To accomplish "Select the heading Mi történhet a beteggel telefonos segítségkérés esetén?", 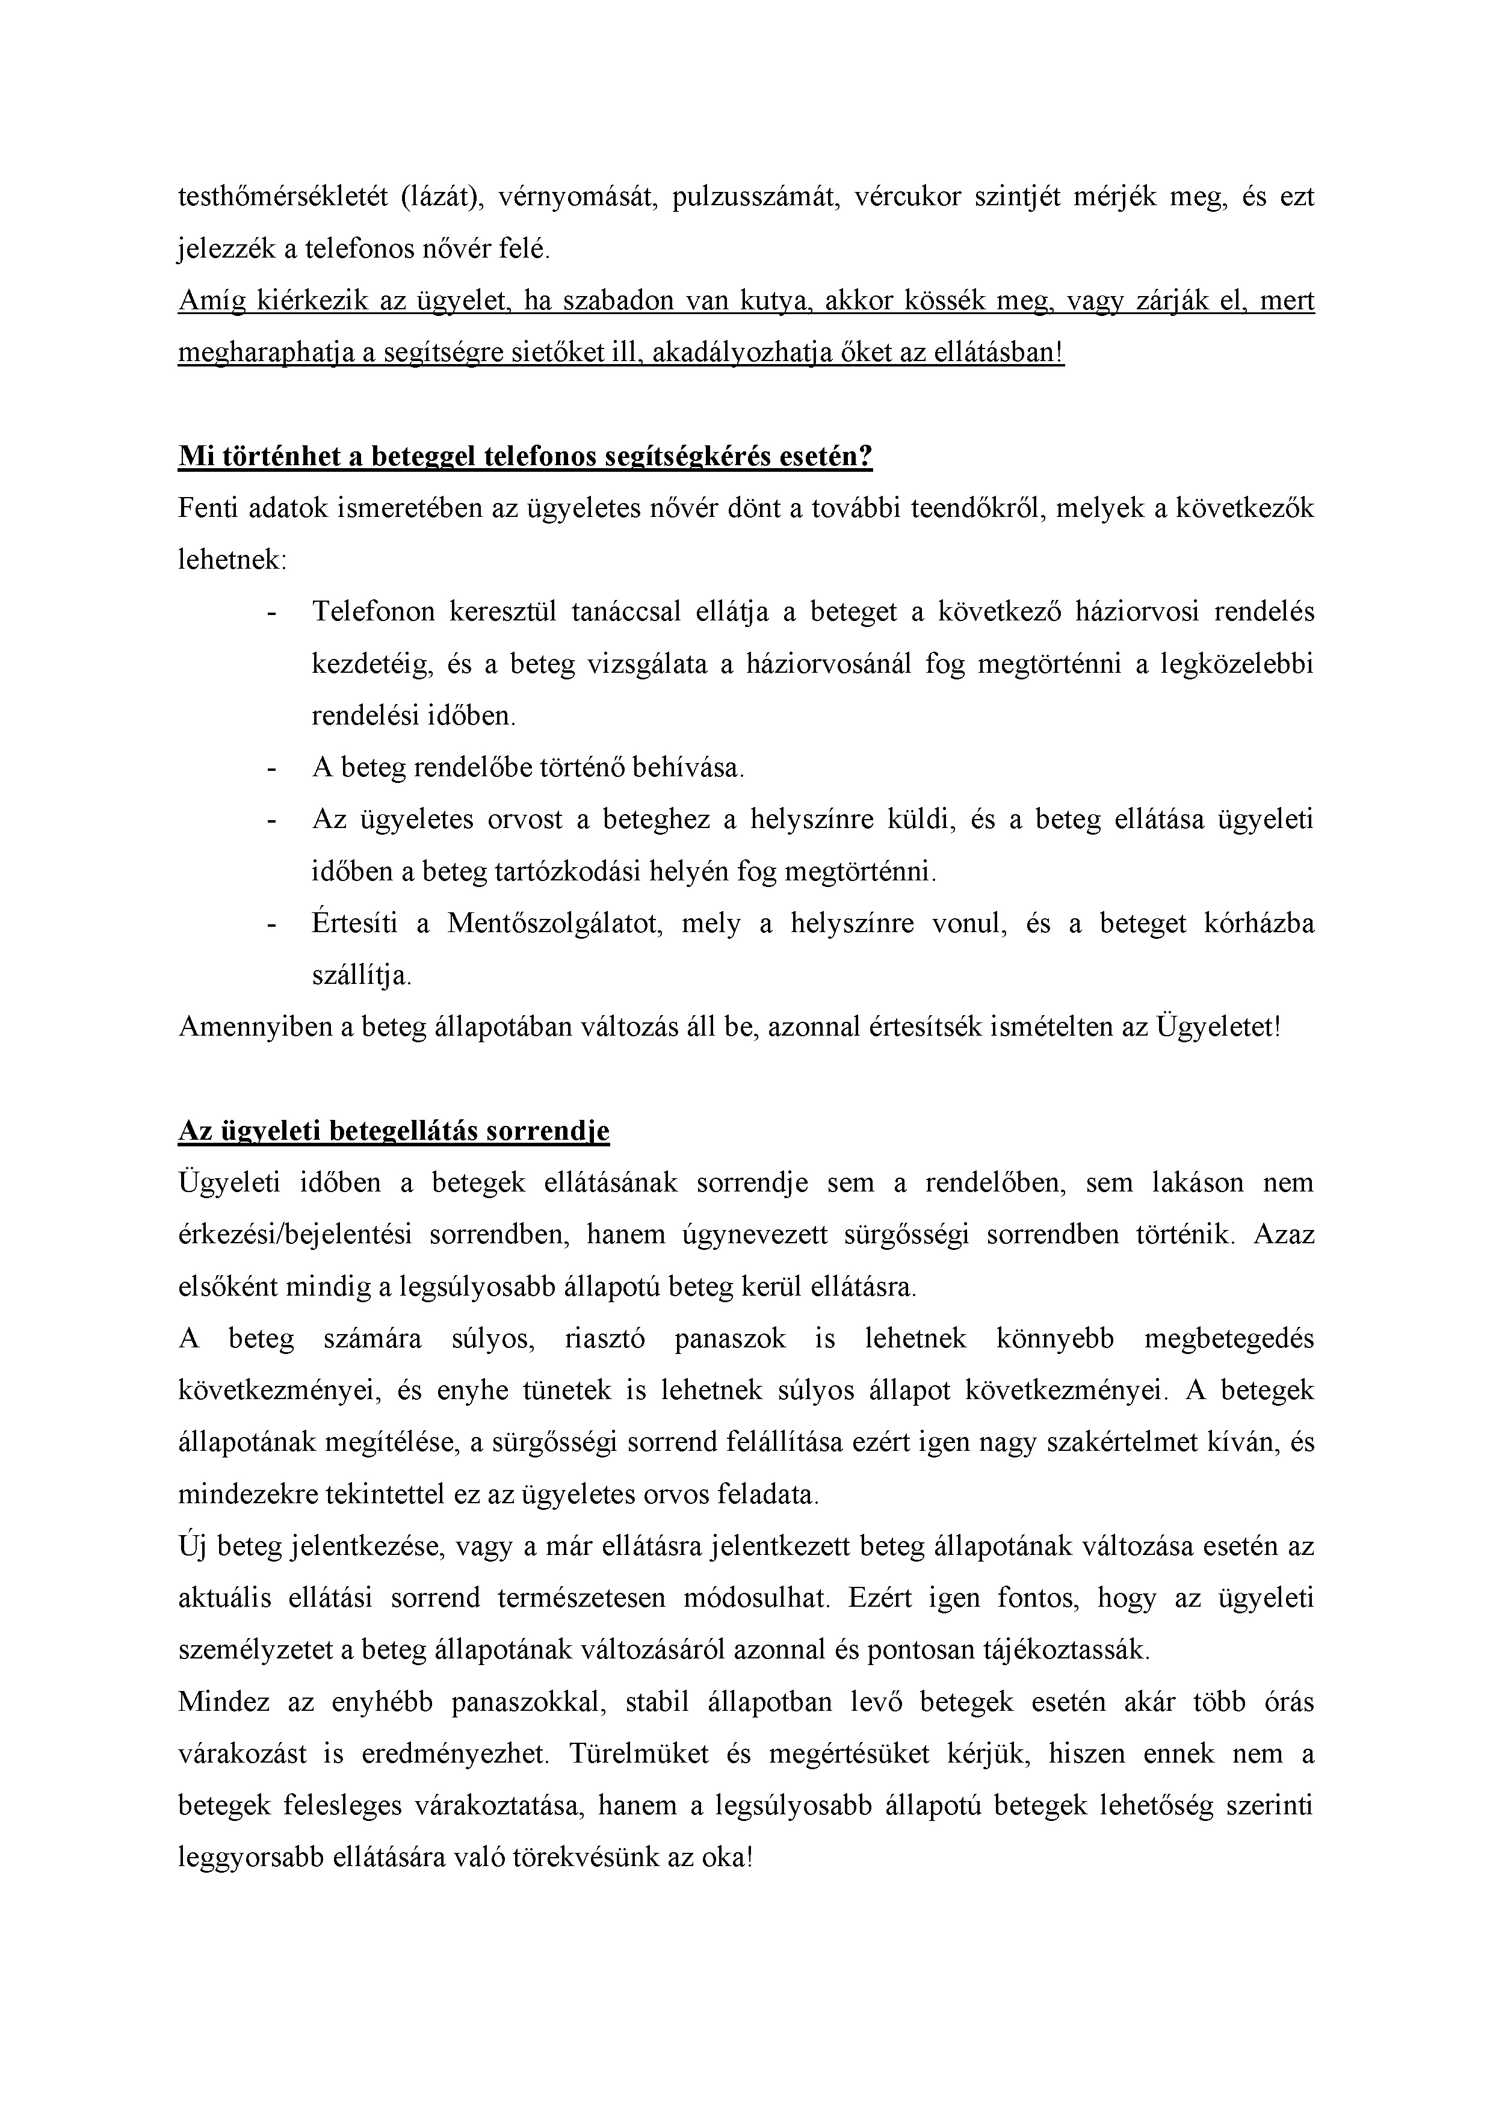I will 525,457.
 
